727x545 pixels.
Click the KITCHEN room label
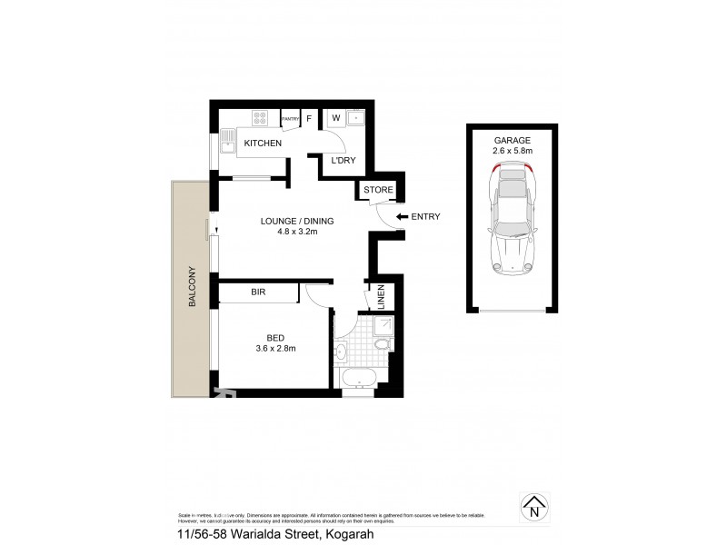(x=263, y=144)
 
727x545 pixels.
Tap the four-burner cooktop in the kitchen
(x=260, y=116)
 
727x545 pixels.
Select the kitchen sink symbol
(x=226, y=142)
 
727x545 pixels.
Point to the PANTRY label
(x=291, y=118)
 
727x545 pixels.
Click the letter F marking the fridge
(x=309, y=118)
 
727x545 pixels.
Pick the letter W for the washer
(x=334, y=117)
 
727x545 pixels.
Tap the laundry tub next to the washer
(x=355, y=116)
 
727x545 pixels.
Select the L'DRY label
(x=343, y=161)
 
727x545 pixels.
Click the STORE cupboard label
(x=378, y=190)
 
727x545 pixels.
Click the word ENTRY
(x=425, y=216)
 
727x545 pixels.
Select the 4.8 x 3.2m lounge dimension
(x=296, y=232)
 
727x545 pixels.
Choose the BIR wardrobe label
(x=258, y=292)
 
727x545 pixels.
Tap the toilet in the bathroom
(x=382, y=342)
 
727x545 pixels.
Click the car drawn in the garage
(x=513, y=220)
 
